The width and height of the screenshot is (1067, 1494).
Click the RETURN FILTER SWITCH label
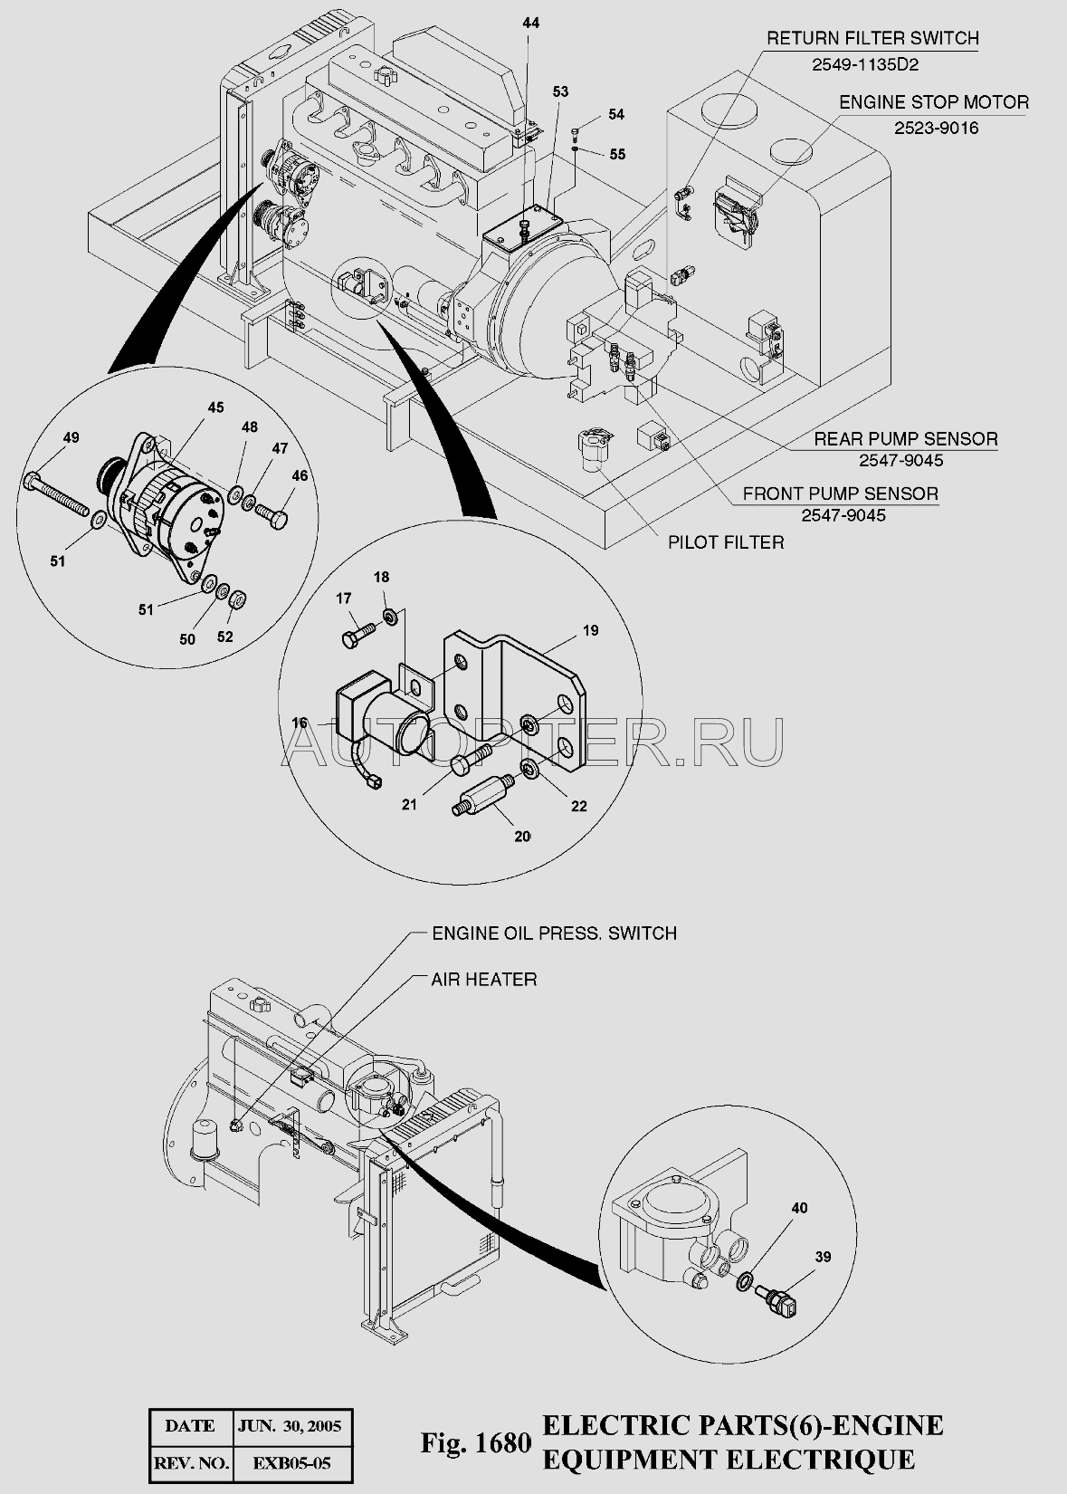[x=873, y=39]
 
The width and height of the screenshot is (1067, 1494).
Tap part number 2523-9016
[x=937, y=128]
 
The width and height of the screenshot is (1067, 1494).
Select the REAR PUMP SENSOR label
[x=907, y=439]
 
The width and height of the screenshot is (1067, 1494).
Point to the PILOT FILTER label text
[x=726, y=542]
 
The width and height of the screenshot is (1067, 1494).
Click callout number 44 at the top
[x=530, y=23]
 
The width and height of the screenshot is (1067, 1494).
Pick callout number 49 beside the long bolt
[x=71, y=437]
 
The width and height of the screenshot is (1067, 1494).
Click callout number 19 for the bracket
[x=590, y=630]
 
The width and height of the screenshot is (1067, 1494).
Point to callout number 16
[x=300, y=723]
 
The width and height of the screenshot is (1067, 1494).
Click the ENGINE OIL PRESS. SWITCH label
[x=555, y=934]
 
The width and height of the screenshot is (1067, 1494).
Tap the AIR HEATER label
[x=484, y=979]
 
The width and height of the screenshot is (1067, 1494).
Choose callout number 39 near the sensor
[x=823, y=1257]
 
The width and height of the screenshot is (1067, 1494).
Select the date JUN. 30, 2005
[x=290, y=1425]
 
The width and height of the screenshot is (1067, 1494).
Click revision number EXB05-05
[x=292, y=1463]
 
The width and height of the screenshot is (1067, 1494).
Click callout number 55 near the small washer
[x=618, y=154]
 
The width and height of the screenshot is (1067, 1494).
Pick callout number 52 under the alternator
[x=225, y=637]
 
